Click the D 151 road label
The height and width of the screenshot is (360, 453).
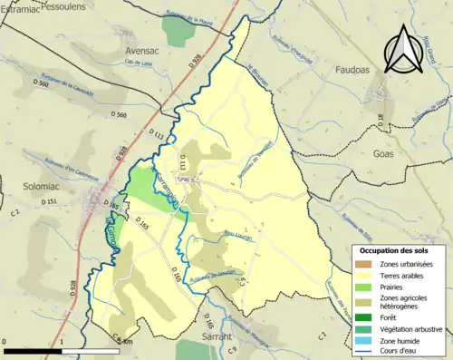click(49, 201)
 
